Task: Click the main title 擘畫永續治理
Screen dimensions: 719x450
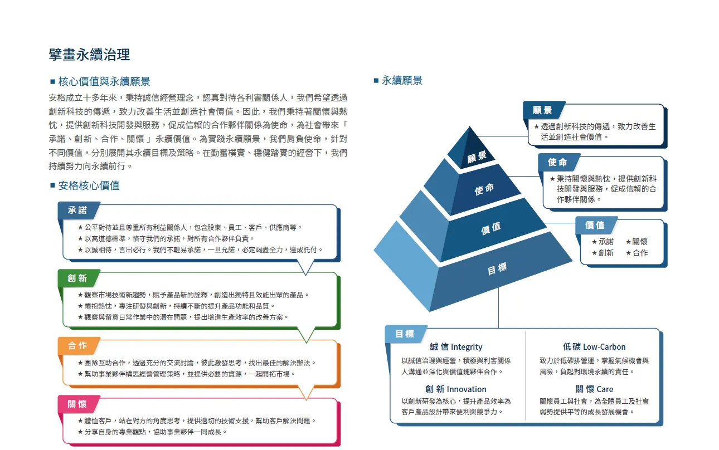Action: [x=90, y=54]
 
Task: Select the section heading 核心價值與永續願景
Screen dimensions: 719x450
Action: [x=104, y=82]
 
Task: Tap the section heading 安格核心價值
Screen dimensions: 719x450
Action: [x=89, y=185]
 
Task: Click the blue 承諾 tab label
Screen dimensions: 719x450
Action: [x=77, y=211]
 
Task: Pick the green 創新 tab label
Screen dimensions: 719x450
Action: [x=77, y=278]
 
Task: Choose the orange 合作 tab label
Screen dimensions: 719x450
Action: [x=77, y=346]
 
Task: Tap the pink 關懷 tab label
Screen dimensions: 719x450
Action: [x=77, y=404]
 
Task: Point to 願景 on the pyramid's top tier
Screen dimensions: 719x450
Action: [x=477, y=157]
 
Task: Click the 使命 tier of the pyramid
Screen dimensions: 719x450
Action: [x=484, y=189]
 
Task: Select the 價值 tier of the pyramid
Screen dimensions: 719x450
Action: [x=491, y=227]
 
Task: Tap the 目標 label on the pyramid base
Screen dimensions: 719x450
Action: [x=497, y=269]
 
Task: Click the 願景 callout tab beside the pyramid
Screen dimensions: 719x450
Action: [x=542, y=110]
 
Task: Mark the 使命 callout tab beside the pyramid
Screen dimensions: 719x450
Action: [x=557, y=162]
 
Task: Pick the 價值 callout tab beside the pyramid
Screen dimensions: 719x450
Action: [x=595, y=225]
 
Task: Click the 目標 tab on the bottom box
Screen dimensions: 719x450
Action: [x=405, y=334]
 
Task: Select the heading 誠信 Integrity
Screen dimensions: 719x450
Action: [x=456, y=347]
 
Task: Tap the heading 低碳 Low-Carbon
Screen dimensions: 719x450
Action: [x=594, y=347]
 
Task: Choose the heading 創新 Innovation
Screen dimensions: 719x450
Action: [x=456, y=389]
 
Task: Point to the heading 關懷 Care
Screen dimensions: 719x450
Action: [x=594, y=389]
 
